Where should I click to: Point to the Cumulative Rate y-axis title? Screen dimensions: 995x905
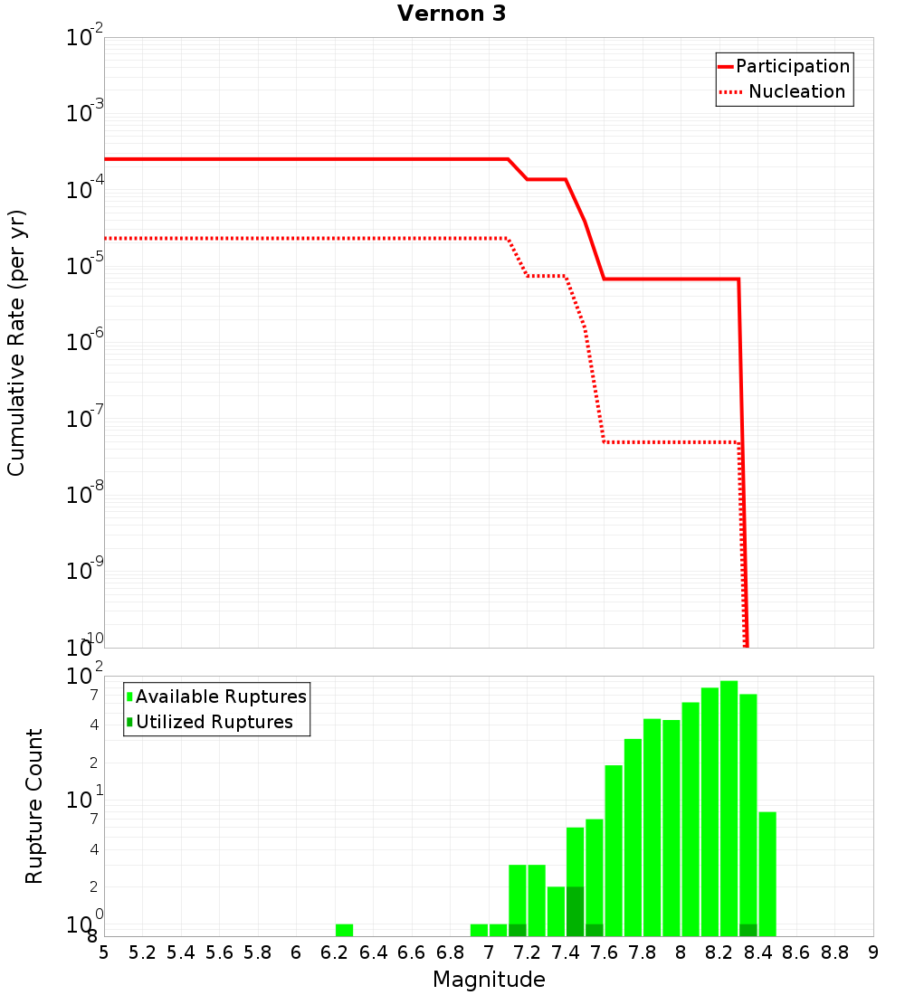click(16, 343)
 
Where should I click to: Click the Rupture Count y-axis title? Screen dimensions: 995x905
click(34, 806)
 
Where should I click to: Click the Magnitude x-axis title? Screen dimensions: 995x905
click(489, 980)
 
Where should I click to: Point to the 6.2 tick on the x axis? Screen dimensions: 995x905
click(334, 952)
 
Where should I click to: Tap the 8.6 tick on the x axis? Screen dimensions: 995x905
click(795, 952)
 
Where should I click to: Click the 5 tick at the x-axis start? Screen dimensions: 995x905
click(104, 952)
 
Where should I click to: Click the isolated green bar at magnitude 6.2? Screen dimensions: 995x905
click(344, 930)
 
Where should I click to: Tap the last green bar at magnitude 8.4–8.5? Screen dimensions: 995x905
click(767, 874)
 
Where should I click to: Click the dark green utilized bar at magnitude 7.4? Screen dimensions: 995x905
click(575, 912)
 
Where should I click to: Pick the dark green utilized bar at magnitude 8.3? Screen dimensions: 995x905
click(748, 930)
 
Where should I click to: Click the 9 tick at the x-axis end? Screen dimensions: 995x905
click(872, 952)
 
